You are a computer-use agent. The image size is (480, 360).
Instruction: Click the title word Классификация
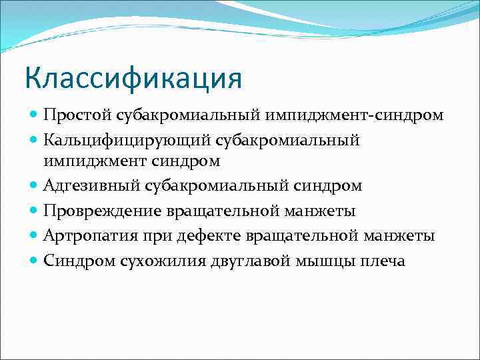[133, 78]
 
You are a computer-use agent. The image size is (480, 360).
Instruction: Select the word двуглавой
[240, 261]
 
